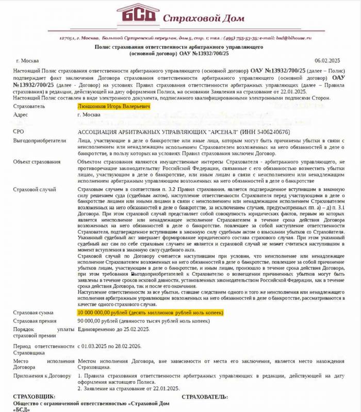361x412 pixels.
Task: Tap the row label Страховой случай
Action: click(x=34, y=190)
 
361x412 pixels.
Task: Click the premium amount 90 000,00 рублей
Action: click(x=98, y=320)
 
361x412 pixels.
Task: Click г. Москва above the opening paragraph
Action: click(x=29, y=60)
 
